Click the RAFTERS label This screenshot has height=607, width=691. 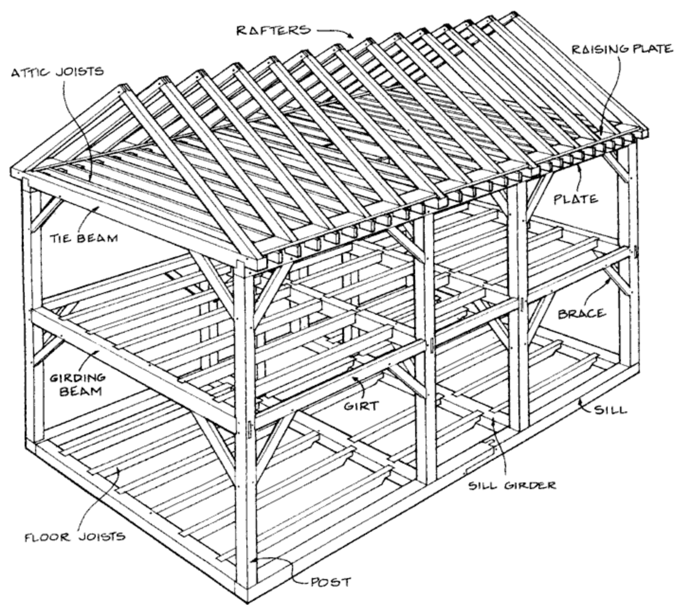pyautogui.click(x=273, y=31)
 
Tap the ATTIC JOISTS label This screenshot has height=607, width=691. pyautogui.click(x=57, y=72)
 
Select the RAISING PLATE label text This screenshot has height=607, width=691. pyautogui.click(x=621, y=49)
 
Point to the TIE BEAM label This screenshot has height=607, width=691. pyautogui.click(x=84, y=238)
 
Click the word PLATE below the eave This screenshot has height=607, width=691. pyautogui.click(x=576, y=199)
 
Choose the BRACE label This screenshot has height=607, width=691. pyautogui.click(x=582, y=314)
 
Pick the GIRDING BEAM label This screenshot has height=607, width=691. pyautogui.click(x=77, y=384)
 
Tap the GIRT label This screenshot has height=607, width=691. pyautogui.click(x=361, y=406)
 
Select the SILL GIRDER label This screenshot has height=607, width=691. pyautogui.click(x=512, y=485)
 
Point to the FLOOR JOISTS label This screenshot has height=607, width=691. pyautogui.click(x=75, y=537)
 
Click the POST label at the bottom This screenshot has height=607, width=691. pyautogui.click(x=330, y=582)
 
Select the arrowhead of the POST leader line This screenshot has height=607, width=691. pyautogui.click(x=252, y=560)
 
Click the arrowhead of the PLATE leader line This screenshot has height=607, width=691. pyautogui.click(x=579, y=167)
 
